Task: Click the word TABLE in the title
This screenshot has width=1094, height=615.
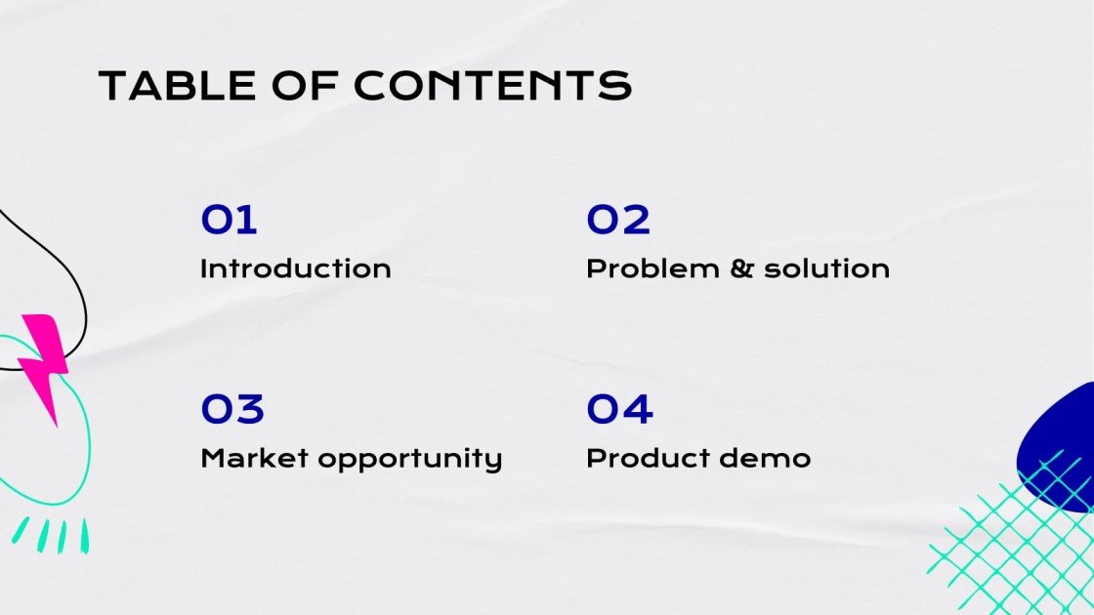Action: [178, 86]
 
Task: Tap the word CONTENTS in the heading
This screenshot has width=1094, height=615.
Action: [492, 86]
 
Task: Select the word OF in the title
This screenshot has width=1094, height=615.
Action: [305, 86]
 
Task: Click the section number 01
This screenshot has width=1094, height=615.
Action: [229, 220]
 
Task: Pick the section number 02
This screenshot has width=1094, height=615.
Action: [618, 220]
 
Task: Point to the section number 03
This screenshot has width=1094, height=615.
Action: [232, 409]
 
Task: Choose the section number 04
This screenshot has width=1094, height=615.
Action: [619, 409]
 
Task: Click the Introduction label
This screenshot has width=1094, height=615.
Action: [296, 268]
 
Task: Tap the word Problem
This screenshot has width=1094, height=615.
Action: [653, 268]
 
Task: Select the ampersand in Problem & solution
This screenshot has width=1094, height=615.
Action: [742, 268]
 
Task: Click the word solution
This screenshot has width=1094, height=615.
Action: [826, 268]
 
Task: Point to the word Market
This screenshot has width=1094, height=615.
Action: [255, 458]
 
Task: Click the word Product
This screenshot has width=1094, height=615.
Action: [647, 458]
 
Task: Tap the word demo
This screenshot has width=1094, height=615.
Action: [765, 458]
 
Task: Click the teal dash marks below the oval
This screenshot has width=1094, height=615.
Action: [52, 535]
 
